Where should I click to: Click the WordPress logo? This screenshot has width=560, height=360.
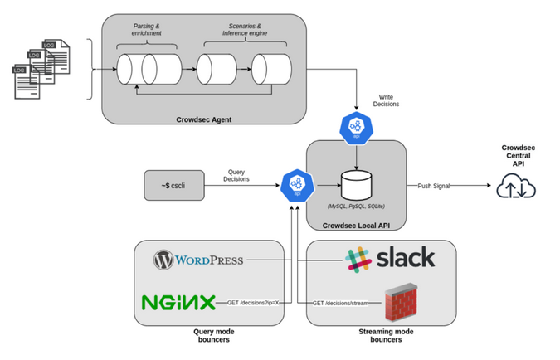pyautogui.click(x=198, y=260)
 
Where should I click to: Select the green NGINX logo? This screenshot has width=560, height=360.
pyautogui.click(x=179, y=302)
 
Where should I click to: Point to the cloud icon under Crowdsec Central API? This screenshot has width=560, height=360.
pyautogui.click(x=517, y=188)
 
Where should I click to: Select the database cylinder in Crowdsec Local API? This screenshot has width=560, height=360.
pyautogui.click(x=357, y=184)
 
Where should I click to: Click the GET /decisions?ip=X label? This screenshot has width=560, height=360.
pyautogui.click(x=253, y=303)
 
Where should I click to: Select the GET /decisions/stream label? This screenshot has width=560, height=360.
pyautogui.click(x=340, y=303)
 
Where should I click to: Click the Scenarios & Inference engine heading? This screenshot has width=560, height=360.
pyautogui.click(x=241, y=30)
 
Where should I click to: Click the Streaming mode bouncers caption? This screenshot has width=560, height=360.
pyautogui.click(x=380, y=335)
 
